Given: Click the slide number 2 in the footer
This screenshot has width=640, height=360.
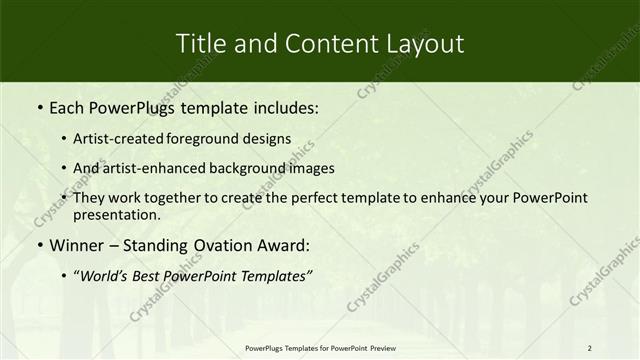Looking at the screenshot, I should (590, 348).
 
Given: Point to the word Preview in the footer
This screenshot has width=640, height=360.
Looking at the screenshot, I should (376, 348).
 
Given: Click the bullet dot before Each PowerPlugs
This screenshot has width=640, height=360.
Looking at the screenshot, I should (39, 106).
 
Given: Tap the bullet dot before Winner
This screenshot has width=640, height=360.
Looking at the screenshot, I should (39, 245).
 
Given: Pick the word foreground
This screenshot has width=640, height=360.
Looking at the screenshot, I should (213, 138).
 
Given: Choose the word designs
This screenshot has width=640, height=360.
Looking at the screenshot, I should (270, 138).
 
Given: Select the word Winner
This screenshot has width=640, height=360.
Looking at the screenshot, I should (76, 245).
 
